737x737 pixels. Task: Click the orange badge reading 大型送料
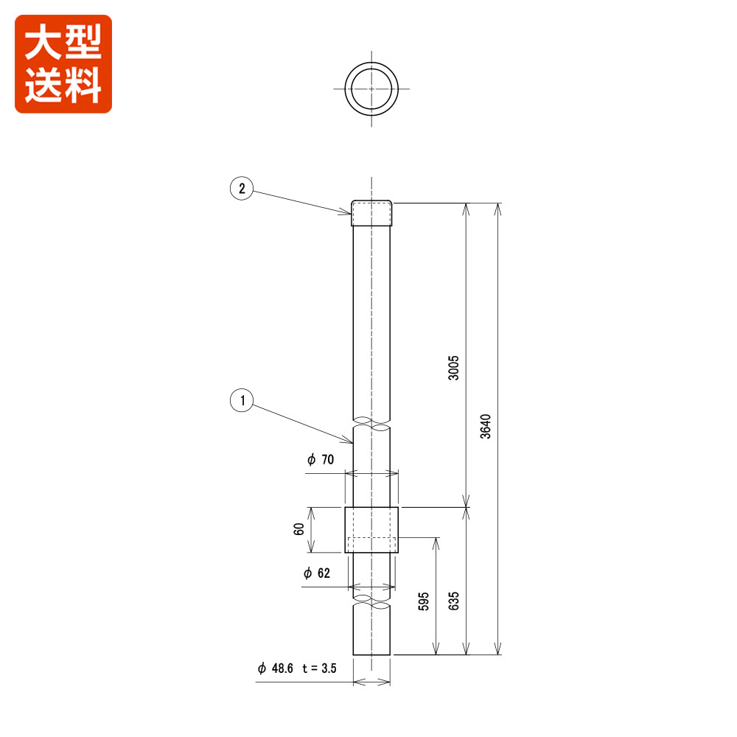coord(63,64)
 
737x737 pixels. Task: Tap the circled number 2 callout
coord(241,189)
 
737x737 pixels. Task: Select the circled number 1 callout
coord(241,402)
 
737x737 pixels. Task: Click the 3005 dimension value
coord(454,367)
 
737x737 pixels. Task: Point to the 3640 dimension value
coord(485,426)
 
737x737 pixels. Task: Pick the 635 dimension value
coord(454,601)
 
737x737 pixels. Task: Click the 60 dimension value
coord(298,529)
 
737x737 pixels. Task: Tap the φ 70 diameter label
coord(321,460)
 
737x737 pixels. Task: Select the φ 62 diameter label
coord(317,573)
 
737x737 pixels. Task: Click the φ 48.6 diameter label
coord(276,668)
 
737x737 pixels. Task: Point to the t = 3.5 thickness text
coord(318,668)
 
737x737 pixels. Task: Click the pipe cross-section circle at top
coord(372,88)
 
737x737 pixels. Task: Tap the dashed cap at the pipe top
coord(372,214)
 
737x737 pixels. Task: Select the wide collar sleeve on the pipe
coord(372,530)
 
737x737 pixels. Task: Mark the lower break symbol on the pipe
coord(372,604)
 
